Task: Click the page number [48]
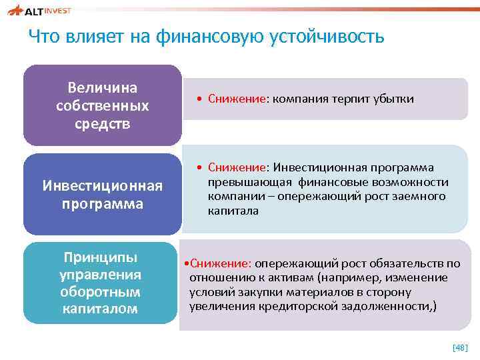pos(460,348)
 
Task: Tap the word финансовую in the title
pos(210,37)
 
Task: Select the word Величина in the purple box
pos(103,88)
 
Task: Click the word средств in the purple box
pos(103,124)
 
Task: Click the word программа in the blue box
pos(103,203)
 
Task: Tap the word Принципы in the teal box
pos(99,257)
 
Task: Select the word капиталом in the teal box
pos(99,309)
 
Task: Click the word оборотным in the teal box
pos(99,292)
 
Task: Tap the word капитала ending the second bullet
pos(232,211)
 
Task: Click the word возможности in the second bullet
pos(416,182)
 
